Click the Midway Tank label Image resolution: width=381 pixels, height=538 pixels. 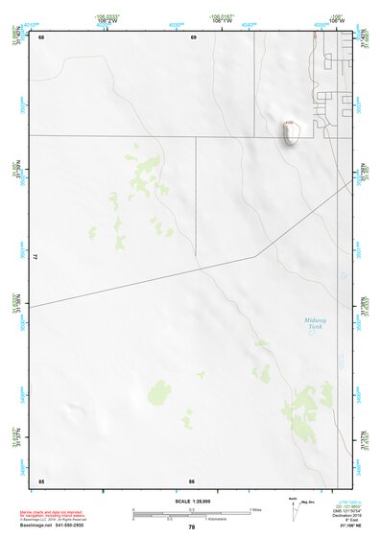(316, 324)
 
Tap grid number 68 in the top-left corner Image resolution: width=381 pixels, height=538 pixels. (41, 36)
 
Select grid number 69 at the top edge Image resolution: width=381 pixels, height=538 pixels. (193, 36)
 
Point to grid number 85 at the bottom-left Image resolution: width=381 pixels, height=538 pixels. (41, 480)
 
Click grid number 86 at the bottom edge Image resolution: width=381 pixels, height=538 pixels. (193, 480)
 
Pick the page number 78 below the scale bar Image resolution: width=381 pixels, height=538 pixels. (191, 527)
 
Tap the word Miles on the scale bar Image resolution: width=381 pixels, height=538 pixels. (256, 509)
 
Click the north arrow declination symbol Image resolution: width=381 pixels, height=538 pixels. (295, 504)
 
